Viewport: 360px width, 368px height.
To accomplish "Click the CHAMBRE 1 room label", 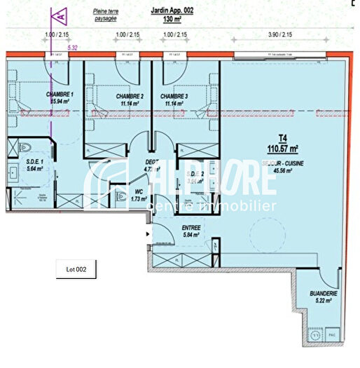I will pos(60,95).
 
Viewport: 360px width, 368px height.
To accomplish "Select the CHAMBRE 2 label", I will pos(130,96).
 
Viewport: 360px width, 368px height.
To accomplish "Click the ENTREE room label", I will pos(172,228).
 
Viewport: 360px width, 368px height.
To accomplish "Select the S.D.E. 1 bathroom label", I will pos(35,162).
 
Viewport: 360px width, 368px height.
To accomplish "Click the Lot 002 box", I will pos(76,268).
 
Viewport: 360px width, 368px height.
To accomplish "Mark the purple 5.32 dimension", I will pos(72,47).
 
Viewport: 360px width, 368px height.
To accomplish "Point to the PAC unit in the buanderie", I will pos(334,336).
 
